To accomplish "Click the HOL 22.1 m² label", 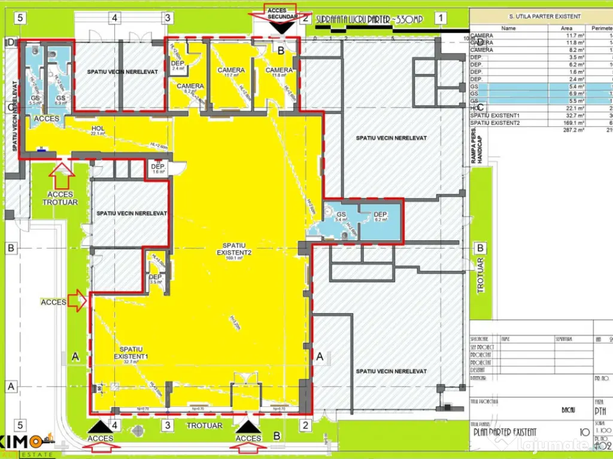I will click(x=98, y=131).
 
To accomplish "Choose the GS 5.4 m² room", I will click(x=341, y=218).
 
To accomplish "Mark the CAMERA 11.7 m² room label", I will click(x=231, y=72).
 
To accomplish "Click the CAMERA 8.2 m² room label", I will click(x=190, y=88).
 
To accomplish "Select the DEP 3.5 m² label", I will click(x=155, y=280).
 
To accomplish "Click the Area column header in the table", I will click(x=566, y=28).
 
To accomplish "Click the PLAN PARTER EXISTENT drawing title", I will click(x=505, y=432).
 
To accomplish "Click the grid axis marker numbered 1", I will click(x=441, y=18).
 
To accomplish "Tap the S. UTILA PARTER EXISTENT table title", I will click(x=541, y=17).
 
